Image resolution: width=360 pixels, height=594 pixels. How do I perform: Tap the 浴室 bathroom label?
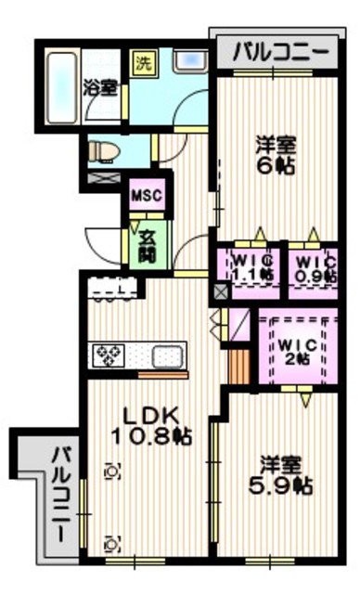(100, 89)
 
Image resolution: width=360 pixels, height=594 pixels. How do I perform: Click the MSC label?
(146, 197)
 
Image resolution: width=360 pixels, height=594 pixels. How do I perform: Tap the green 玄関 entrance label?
(147, 243)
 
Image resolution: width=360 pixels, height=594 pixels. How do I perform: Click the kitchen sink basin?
(167, 355)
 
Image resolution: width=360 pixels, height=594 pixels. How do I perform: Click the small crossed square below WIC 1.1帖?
(220, 291)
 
